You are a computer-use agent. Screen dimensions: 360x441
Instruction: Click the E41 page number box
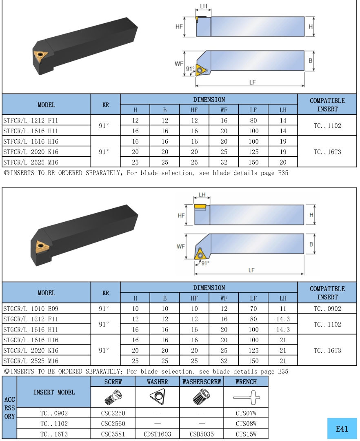tap(342, 429)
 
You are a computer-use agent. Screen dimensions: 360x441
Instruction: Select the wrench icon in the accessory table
tap(246, 397)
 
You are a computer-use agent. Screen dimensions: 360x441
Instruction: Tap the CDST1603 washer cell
tap(158, 434)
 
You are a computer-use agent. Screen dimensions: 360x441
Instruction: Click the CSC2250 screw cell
tap(113, 413)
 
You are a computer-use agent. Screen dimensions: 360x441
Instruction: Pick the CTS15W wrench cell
tap(246, 434)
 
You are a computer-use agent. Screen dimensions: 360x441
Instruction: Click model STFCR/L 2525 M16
tap(31, 162)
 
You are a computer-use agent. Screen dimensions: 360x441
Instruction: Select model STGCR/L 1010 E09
tap(31, 309)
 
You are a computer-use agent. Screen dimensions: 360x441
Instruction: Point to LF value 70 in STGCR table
tap(253, 309)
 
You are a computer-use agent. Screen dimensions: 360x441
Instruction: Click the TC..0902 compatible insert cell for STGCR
tap(327, 309)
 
